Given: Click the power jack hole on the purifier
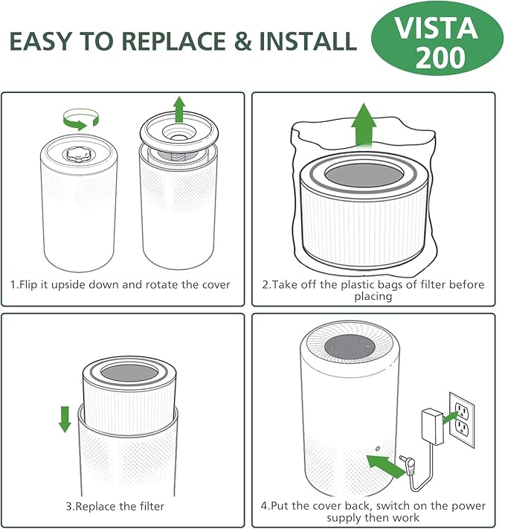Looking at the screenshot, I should tap(378, 449).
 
